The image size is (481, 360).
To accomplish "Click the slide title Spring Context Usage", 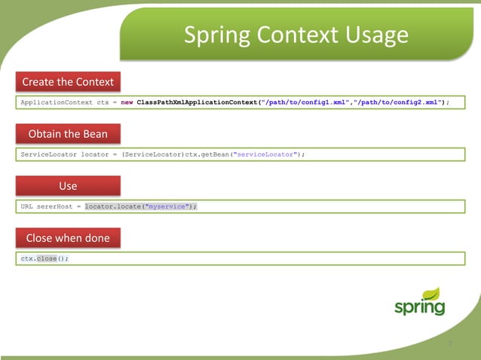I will coord(296,35).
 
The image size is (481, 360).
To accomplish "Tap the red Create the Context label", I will coord(68,81).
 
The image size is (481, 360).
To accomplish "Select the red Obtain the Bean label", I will coord(68,134).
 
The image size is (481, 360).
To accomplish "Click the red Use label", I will coord(68,185).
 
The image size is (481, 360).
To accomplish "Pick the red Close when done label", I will coord(68,238).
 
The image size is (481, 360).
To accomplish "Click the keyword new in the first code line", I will coord(127,102).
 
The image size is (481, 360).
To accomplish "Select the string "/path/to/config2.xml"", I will coord(397,102).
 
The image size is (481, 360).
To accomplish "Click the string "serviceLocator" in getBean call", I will coord(264,154).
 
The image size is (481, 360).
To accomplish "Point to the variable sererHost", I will coord(53,206).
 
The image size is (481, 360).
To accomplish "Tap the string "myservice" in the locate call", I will coord(167,206).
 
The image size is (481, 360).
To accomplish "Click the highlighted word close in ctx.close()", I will coord(47,258).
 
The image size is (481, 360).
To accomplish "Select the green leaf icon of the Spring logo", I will coord(432,293).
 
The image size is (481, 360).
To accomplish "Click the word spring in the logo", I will coord(419,308).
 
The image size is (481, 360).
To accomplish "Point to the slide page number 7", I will coord(450,343).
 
